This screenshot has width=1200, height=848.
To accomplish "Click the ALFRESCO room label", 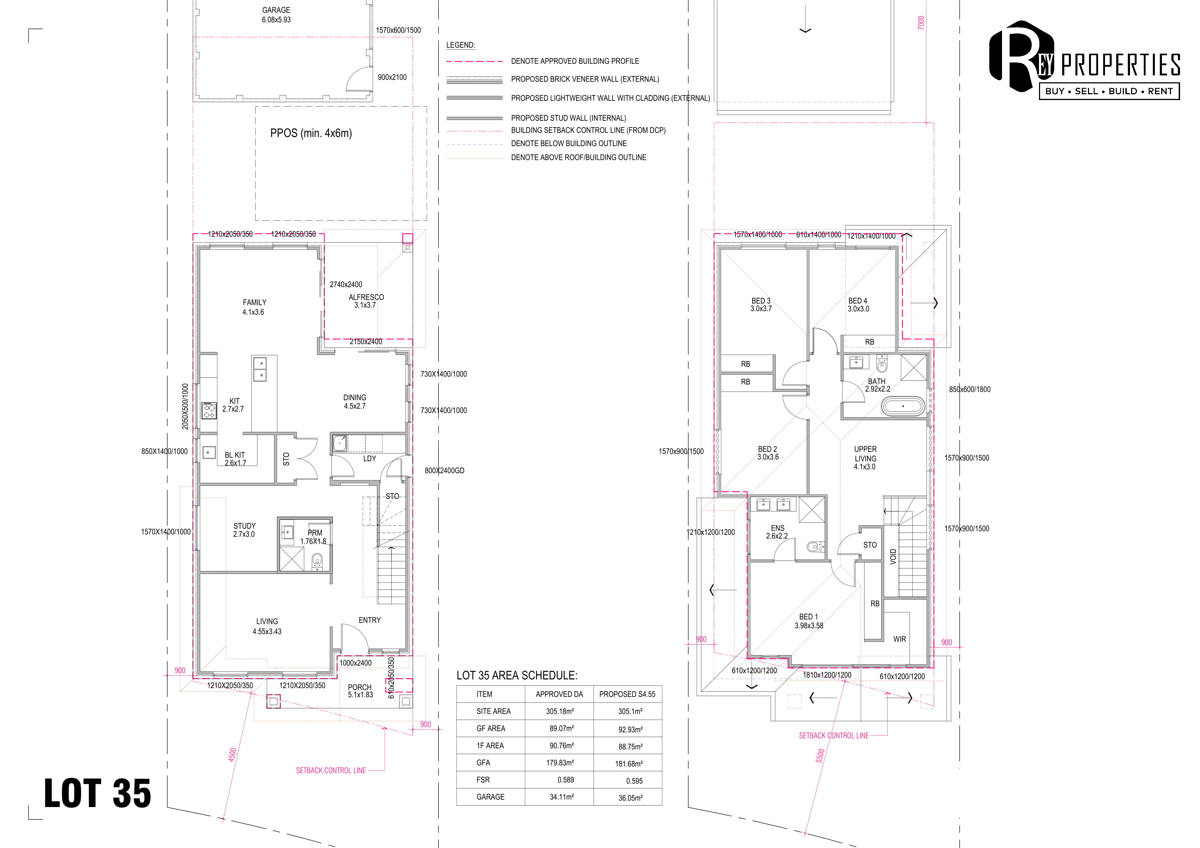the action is click(x=366, y=297).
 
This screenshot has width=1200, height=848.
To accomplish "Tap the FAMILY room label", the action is click(x=255, y=302).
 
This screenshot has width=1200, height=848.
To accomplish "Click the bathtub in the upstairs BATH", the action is click(x=903, y=406).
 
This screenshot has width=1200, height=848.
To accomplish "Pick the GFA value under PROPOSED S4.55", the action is click(x=629, y=764).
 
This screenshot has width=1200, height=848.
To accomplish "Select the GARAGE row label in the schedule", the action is click(x=490, y=797).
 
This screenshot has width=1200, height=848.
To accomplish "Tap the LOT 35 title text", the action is click(x=98, y=793).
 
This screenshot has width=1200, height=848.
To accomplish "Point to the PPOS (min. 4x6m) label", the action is click(x=311, y=133).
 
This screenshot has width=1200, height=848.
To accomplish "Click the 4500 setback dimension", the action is click(x=232, y=754).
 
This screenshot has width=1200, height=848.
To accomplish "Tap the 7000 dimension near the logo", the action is click(x=921, y=22).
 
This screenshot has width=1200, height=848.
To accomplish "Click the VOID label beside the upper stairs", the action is click(x=893, y=557).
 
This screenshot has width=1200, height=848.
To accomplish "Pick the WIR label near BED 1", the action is click(x=899, y=639).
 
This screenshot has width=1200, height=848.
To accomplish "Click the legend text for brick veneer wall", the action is click(x=585, y=79).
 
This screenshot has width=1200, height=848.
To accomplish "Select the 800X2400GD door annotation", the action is click(x=444, y=471).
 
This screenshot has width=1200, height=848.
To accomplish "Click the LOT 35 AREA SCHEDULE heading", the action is click(x=517, y=675).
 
